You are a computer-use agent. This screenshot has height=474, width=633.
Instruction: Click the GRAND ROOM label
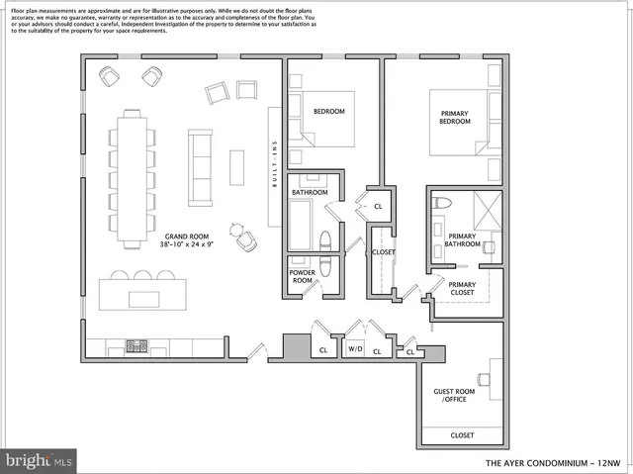point(188,236)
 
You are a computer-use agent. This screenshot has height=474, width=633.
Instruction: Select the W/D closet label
point(353,349)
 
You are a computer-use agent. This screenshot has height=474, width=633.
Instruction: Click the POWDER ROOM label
point(302,276)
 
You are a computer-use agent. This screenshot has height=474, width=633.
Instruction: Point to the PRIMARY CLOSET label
point(462,288)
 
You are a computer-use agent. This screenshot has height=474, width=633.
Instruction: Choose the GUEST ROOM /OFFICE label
point(454,396)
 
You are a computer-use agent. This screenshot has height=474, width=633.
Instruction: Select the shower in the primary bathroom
point(485,209)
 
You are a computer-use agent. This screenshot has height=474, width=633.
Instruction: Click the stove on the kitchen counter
point(136,346)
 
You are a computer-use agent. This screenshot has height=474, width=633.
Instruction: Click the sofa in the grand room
point(200,166)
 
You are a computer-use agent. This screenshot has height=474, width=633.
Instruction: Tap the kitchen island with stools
point(142,294)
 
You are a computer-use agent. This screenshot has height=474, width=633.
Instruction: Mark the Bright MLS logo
point(39,460)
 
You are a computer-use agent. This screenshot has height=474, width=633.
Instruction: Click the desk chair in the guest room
point(484,379)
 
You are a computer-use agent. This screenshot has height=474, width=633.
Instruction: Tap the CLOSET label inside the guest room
point(462,435)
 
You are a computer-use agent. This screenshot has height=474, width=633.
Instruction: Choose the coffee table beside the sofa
point(236,166)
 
